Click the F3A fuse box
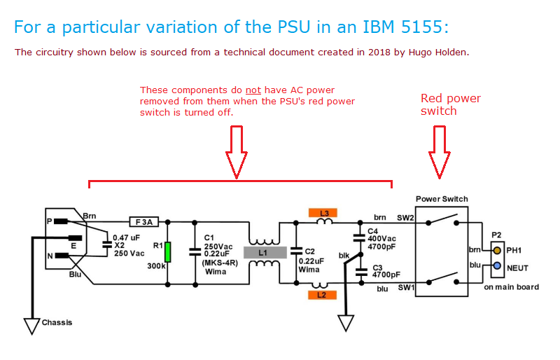pyautogui.click(x=145, y=222)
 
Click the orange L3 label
pyautogui.click(x=324, y=212)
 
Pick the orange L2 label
pyautogui.click(x=322, y=296)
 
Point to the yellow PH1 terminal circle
pyautogui.click(x=496, y=251)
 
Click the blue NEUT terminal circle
pyautogui.click(x=496, y=267)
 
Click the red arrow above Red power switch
pyautogui.click(x=440, y=150)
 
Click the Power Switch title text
pyautogui.click(x=441, y=199)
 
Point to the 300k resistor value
pyautogui.click(x=155, y=267)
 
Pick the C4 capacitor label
pyautogui.click(x=373, y=230)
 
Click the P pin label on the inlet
pyautogui.click(x=50, y=221)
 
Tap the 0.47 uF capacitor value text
pyautogui.click(x=127, y=237)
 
